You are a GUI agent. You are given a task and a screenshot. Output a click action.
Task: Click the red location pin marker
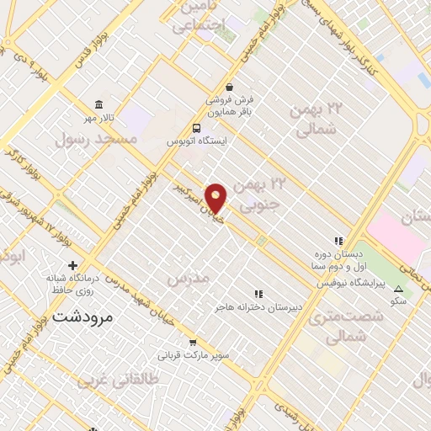pos(217,199)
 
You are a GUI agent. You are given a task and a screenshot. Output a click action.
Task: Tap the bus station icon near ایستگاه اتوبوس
pos(196,129)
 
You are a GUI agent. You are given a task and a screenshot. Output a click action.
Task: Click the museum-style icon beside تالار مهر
pos(100,105)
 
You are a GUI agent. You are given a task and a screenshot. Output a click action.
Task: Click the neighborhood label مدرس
pos(186,278)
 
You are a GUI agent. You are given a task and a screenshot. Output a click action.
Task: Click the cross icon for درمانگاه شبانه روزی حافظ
pos(73,266)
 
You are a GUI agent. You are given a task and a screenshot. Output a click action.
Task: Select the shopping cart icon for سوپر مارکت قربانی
pos(194,343)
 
